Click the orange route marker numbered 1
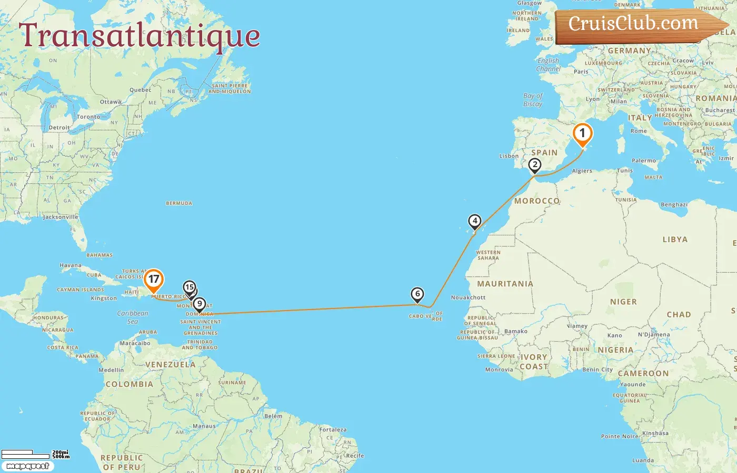pos(582,133)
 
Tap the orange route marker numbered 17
pos(153,280)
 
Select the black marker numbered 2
pos(535,165)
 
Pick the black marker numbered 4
pos(475,221)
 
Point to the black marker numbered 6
pos(417,294)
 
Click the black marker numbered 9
pos(199,304)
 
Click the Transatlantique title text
pos(140,36)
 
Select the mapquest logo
pos(28,466)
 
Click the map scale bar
pos(35,454)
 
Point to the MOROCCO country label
pos(537,201)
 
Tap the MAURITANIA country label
pos(505,284)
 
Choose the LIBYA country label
pos(675,239)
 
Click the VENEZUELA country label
pos(170,364)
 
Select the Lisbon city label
pos(509,156)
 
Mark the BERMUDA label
pos(179,203)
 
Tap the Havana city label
pos(71,265)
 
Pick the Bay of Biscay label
pos(533,100)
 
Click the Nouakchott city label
pos(468,297)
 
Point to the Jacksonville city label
pos(61,217)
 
